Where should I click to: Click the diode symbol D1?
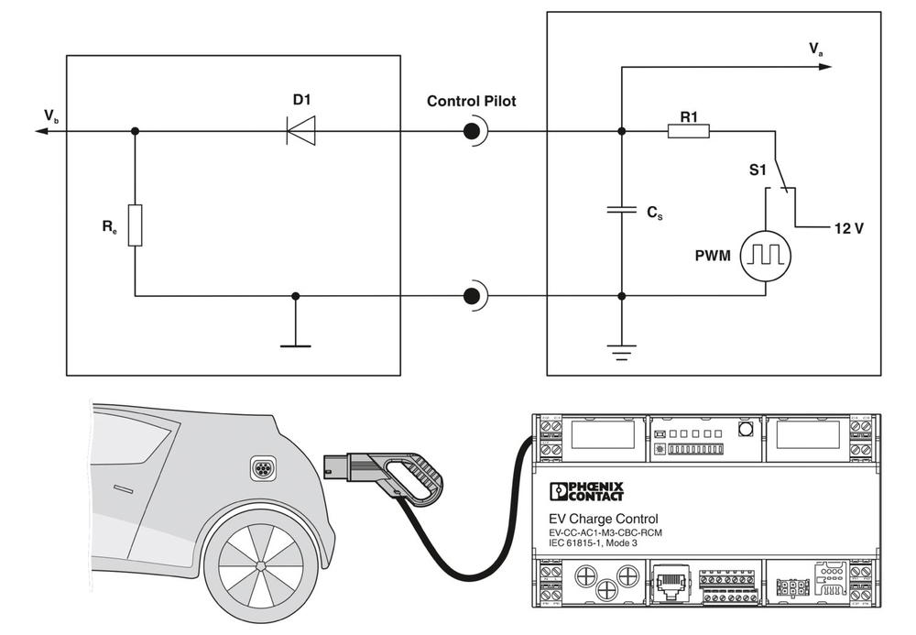[300, 132]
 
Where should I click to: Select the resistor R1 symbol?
[688, 132]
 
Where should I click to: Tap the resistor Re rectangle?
[135, 225]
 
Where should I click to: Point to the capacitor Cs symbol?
[622, 210]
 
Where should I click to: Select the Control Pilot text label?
[471, 101]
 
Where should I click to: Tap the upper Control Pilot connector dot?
[471, 132]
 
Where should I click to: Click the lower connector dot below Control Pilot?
[471, 296]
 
